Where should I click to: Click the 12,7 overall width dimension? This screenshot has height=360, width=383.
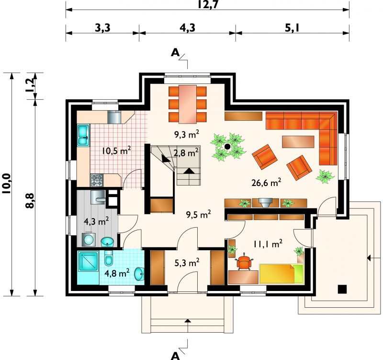(x=208, y=5)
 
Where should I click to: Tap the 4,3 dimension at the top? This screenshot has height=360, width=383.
(x=187, y=28)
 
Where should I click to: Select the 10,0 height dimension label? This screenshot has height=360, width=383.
(x=6, y=184)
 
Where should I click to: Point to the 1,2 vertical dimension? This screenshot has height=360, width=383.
(x=30, y=86)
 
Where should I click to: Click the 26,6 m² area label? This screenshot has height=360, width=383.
(x=266, y=182)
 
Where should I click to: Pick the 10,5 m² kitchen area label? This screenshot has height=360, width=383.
(x=116, y=151)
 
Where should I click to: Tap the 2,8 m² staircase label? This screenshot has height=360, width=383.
(x=186, y=153)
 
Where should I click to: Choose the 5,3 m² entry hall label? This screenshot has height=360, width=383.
(x=187, y=263)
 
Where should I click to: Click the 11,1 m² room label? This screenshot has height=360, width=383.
(x=268, y=244)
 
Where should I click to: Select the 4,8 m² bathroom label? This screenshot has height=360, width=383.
(x=117, y=273)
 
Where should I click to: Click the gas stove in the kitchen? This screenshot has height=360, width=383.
(x=97, y=180)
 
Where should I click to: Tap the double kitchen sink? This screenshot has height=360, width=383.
(x=83, y=136)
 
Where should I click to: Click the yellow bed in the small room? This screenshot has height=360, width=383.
(x=281, y=273)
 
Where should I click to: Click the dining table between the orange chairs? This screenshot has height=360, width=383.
(x=188, y=104)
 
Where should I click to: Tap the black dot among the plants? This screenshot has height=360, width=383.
(x=227, y=147)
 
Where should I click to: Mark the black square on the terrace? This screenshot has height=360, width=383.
(x=342, y=290)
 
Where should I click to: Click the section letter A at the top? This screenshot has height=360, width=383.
(x=175, y=52)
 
